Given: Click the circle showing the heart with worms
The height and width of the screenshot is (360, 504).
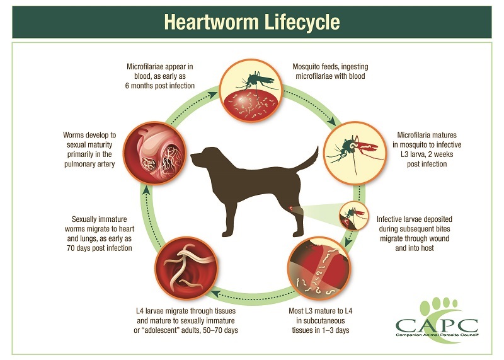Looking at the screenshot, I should [x=154, y=149].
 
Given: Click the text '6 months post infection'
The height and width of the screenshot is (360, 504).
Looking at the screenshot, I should [x=159, y=85].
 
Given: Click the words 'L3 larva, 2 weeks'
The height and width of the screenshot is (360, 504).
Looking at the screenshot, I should [x=422, y=155].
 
